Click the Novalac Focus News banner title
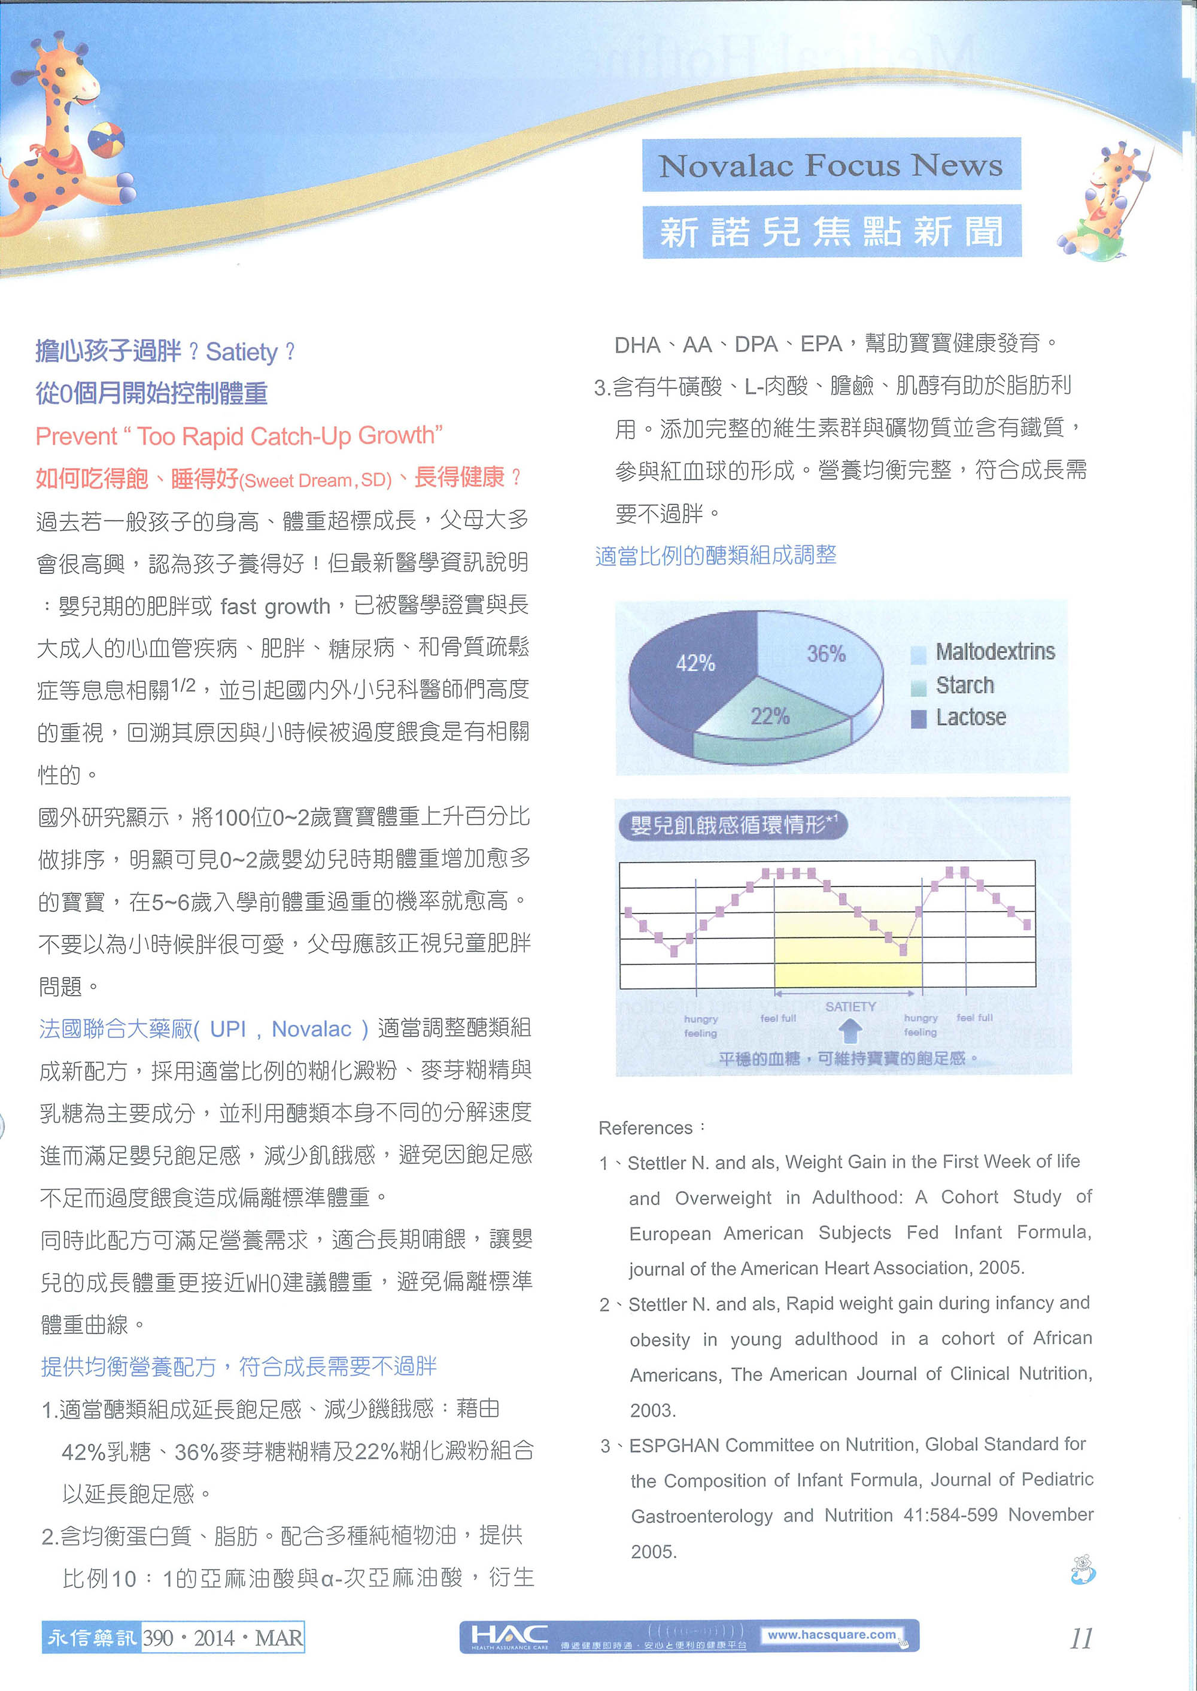click(831, 165)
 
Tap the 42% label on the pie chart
click(695, 663)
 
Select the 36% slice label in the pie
click(825, 654)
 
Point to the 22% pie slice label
click(770, 716)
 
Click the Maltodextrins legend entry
click(994, 652)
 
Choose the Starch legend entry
click(964, 685)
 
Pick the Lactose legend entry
click(970, 717)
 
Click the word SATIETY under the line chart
click(850, 1006)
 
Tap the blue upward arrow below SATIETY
click(850, 1029)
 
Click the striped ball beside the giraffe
click(106, 139)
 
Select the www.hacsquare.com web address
click(831, 1634)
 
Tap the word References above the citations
click(645, 1128)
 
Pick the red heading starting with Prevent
click(239, 436)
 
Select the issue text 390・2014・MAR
click(223, 1638)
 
